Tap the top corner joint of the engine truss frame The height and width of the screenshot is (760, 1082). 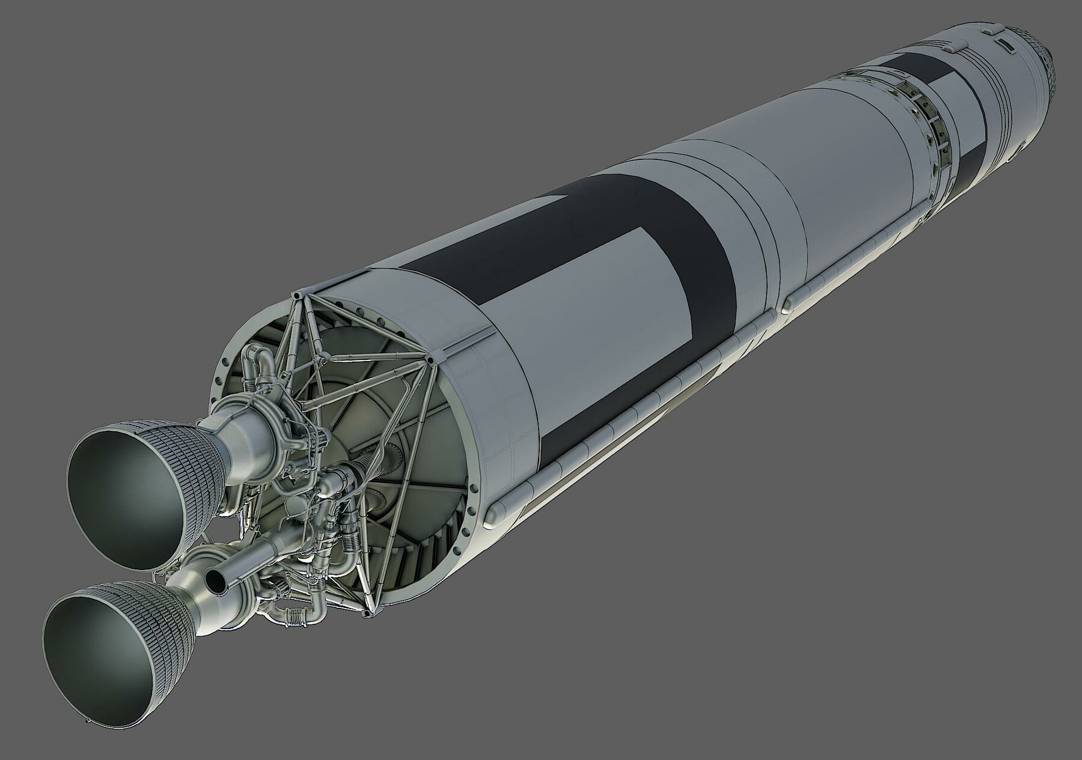point(298,296)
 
